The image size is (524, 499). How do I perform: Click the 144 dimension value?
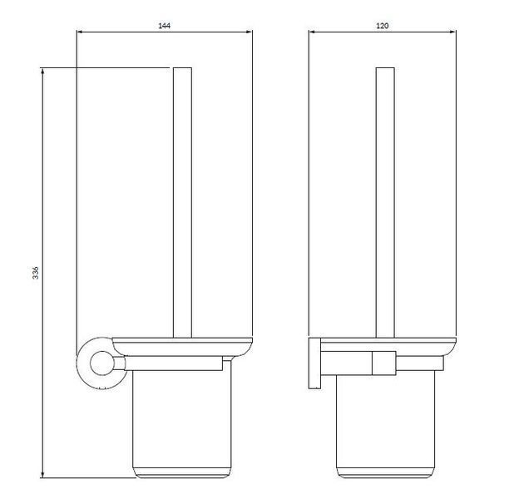[x=164, y=26]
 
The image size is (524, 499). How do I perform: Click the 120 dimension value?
[x=383, y=26]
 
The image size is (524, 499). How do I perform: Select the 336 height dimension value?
[x=36, y=273]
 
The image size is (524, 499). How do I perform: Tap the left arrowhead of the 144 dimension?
[x=80, y=32]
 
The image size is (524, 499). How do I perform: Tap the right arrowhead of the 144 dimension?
[x=250, y=32]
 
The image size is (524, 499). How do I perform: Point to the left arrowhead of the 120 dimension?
[x=311, y=32]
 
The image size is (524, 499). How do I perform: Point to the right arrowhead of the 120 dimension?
[x=453, y=32]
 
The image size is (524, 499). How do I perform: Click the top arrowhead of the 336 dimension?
[x=42, y=71]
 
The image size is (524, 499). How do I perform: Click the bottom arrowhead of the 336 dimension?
[x=42, y=475]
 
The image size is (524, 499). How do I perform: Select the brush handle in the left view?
[x=182, y=203]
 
